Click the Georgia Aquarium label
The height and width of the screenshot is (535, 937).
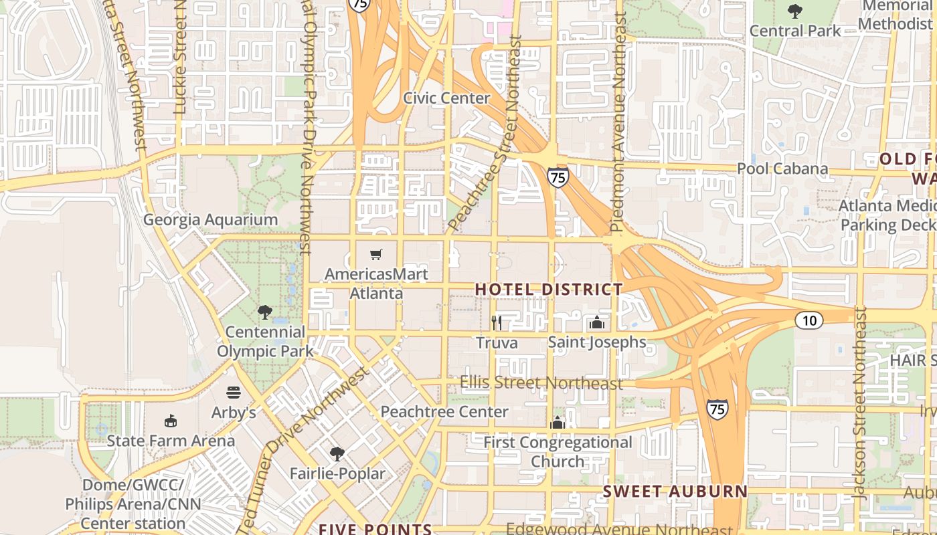click(x=210, y=219)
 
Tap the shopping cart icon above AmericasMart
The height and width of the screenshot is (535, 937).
click(x=376, y=254)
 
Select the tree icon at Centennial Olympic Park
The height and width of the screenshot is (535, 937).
click(x=265, y=312)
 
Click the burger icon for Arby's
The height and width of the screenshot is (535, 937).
click(x=234, y=393)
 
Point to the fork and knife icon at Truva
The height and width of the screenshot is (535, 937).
click(x=497, y=323)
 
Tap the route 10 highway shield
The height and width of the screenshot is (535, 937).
click(x=809, y=320)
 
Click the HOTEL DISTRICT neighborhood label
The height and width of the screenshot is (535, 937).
click(x=549, y=289)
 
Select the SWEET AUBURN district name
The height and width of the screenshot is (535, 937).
click(x=675, y=491)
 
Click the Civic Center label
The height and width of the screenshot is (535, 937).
click(x=446, y=98)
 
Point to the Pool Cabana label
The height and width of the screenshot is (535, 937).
click(x=782, y=168)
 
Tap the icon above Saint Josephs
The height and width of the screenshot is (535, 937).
click(x=596, y=323)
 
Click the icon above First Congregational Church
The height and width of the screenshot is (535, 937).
click(x=558, y=423)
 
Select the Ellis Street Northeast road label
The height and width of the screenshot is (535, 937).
click(x=541, y=383)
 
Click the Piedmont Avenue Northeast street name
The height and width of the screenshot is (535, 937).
click(x=618, y=124)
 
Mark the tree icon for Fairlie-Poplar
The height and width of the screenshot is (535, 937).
click(x=337, y=454)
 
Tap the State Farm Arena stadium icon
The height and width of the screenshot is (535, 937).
click(x=171, y=421)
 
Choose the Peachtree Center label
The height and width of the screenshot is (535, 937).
click(x=444, y=411)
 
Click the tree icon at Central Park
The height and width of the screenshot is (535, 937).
click(x=795, y=11)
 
